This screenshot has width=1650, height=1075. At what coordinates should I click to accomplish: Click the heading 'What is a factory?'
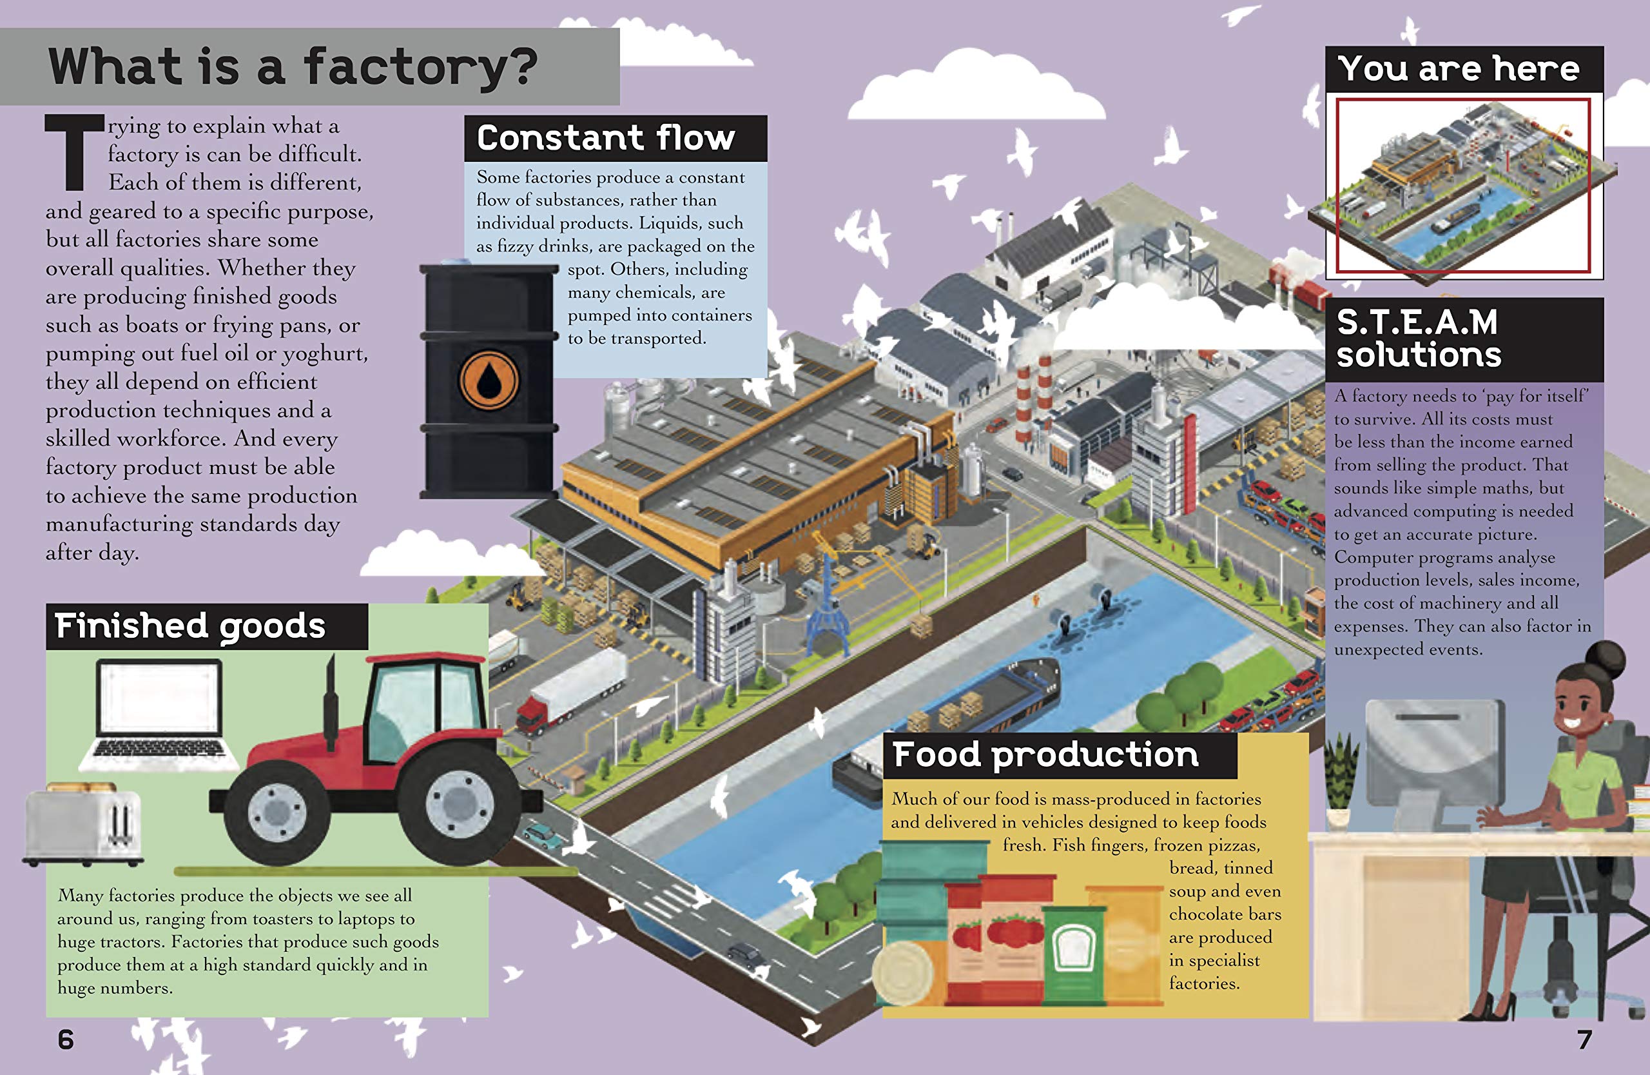[x=293, y=67]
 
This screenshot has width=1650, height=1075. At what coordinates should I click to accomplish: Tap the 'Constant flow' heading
[x=605, y=138]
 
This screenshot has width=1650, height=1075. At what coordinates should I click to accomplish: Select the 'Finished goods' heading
[x=190, y=626]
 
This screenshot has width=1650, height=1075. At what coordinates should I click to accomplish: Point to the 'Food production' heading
[x=1045, y=754]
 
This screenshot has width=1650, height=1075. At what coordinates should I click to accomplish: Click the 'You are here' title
[x=1459, y=68]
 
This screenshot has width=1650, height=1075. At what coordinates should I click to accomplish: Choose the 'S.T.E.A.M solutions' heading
[x=1419, y=339]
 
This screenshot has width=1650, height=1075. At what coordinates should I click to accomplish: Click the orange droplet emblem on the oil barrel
[x=489, y=380]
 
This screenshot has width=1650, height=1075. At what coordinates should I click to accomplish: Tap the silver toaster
[x=83, y=825]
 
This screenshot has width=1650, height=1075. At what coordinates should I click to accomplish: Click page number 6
[x=66, y=1039]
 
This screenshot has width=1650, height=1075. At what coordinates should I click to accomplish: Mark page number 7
[x=1584, y=1039]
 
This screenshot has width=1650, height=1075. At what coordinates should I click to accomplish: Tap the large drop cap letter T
[x=74, y=153]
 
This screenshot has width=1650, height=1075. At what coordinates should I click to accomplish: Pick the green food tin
[x=1074, y=954]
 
